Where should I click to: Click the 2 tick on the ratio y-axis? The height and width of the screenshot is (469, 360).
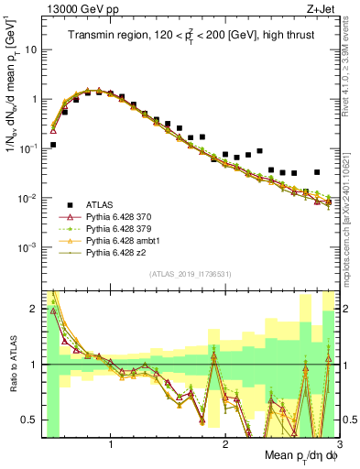point(34,310)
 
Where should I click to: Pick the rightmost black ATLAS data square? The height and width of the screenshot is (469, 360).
point(317,172)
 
